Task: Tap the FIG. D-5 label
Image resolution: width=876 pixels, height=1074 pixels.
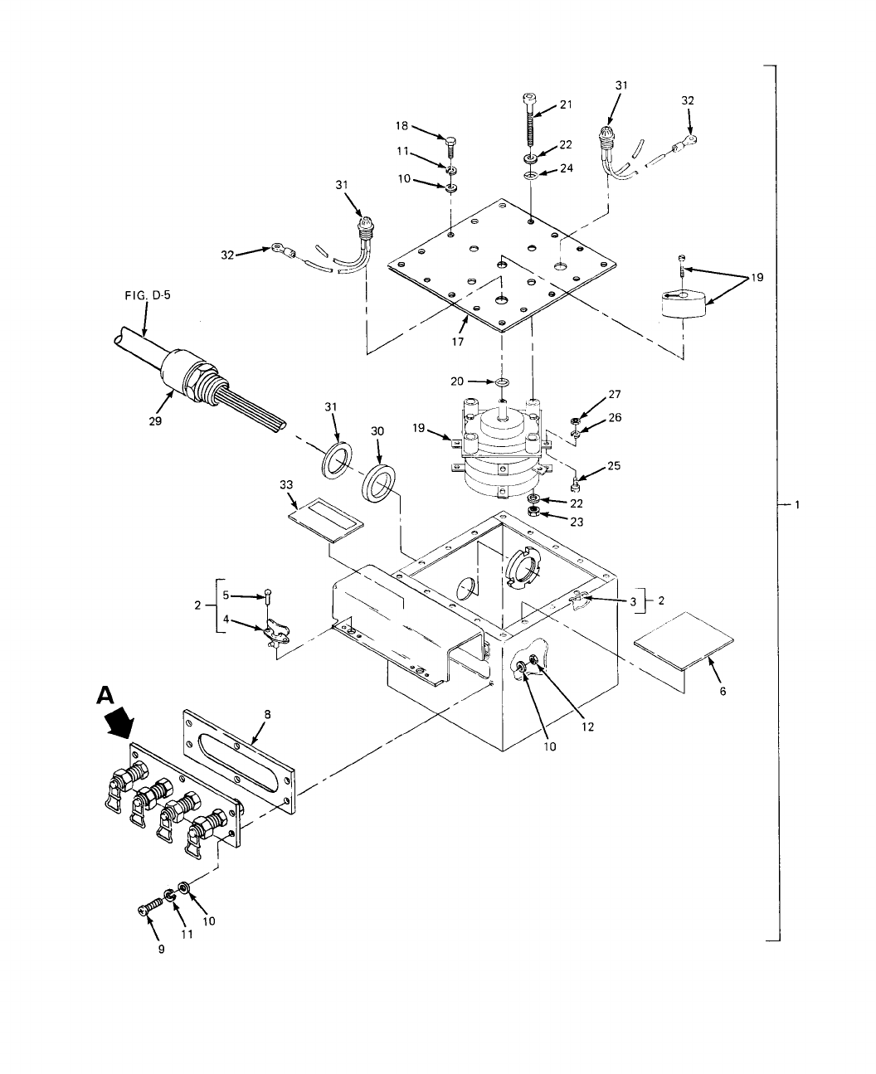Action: (x=145, y=294)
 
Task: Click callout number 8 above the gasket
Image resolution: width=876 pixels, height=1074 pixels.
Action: (x=266, y=713)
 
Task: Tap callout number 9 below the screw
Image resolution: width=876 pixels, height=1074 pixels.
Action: (x=161, y=950)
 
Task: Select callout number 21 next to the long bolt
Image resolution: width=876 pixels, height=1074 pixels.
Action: (x=566, y=104)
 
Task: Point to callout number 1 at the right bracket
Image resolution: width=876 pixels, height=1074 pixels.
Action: (x=797, y=504)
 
